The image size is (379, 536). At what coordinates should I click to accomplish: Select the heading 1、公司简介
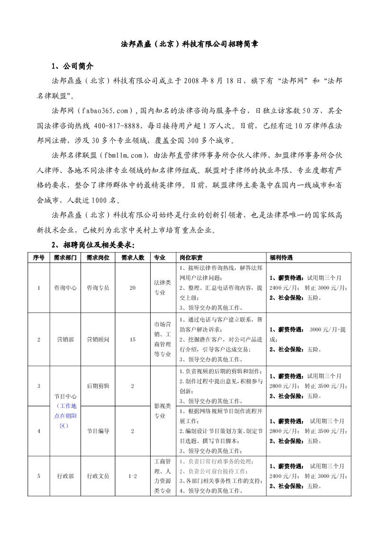point(72,66)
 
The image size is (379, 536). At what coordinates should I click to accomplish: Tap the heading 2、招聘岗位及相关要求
point(93,245)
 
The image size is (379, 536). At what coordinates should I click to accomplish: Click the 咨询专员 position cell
point(98,287)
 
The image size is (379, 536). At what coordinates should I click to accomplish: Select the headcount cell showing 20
point(132,287)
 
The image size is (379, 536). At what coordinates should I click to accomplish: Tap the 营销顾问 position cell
point(98,339)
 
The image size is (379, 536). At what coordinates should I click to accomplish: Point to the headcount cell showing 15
point(132,339)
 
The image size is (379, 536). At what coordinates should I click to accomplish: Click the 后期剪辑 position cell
point(98,386)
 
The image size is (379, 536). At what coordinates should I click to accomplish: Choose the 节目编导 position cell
point(98,431)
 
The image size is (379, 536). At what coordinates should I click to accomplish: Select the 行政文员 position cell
point(98,476)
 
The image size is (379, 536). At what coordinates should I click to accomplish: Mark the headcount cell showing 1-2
point(132,476)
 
